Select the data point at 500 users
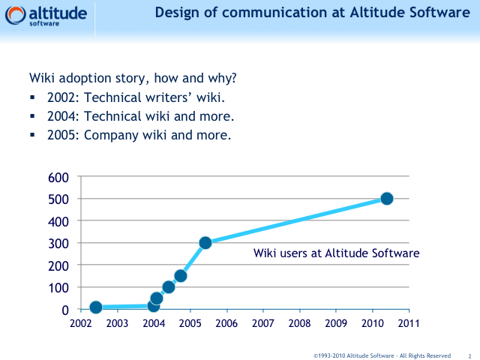click(387, 199)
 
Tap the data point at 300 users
click(205, 243)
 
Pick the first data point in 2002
click(96, 307)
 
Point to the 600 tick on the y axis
click(59, 177)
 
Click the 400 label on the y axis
click(59, 221)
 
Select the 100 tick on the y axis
click(59, 287)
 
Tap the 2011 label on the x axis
click(409, 323)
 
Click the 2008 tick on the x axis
click(299, 323)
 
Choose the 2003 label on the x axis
click(117, 323)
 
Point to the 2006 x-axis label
click(226, 323)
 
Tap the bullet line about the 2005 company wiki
click(139, 136)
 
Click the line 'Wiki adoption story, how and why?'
click(133, 78)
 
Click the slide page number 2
click(469, 355)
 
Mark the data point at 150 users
click(181, 276)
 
